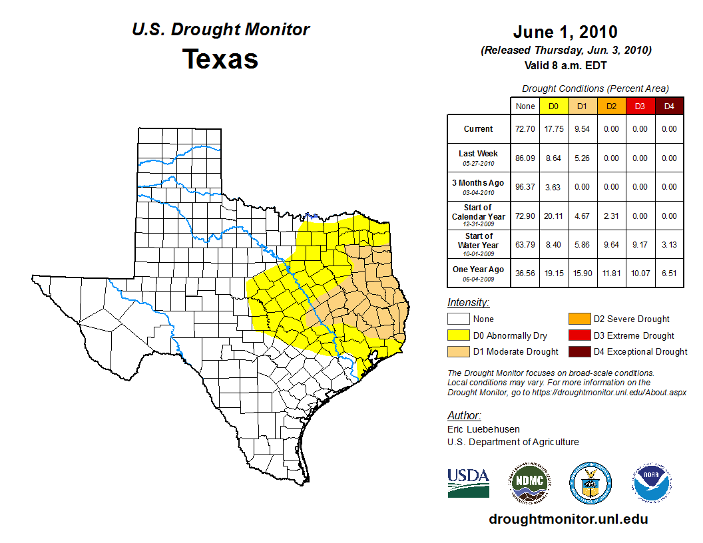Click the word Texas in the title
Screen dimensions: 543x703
click(220, 59)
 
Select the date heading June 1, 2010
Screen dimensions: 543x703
click(565, 32)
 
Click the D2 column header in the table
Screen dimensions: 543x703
click(610, 106)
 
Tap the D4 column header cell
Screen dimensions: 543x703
click(669, 106)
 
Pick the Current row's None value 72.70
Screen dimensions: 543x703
click(525, 129)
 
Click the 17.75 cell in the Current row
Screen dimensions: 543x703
click(553, 129)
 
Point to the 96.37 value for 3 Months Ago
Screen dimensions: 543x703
click(525, 187)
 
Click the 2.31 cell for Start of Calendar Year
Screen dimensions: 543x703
click(610, 216)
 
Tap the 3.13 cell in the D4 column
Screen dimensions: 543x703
click(669, 245)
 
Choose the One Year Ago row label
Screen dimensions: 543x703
click(478, 270)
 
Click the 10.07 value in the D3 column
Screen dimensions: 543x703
click(640, 273)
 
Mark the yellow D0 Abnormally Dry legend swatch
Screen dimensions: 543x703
click(459, 335)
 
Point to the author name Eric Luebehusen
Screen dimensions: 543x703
click(483, 429)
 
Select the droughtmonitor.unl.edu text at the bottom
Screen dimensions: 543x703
click(568, 519)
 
